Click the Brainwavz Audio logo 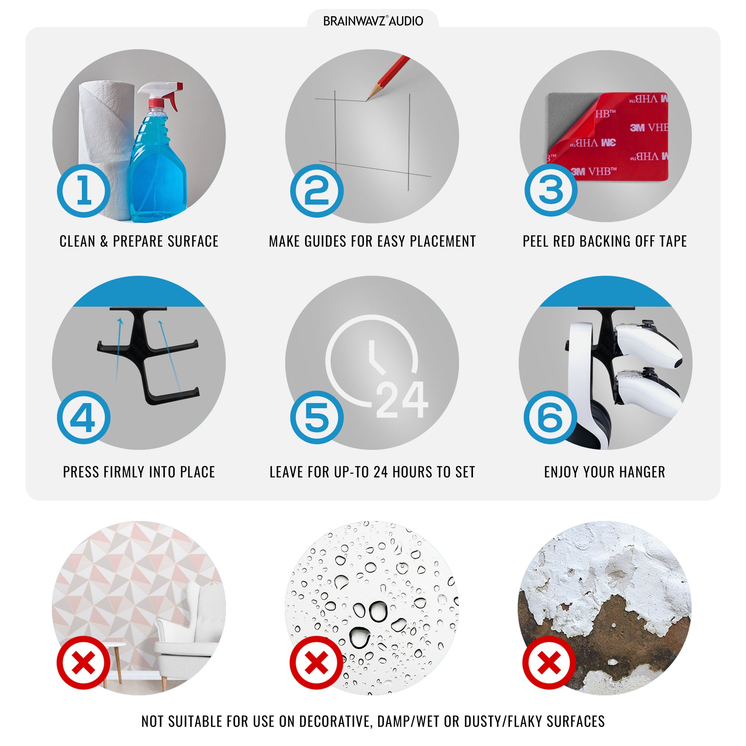(x=373, y=21)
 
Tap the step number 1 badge (x=84, y=191)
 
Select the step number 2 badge (x=317, y=191)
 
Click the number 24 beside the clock (x=402, y=399)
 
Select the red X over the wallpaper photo (x=84, y=663)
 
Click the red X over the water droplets (x=317, y=663)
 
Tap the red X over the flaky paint (x=549, y=663)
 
